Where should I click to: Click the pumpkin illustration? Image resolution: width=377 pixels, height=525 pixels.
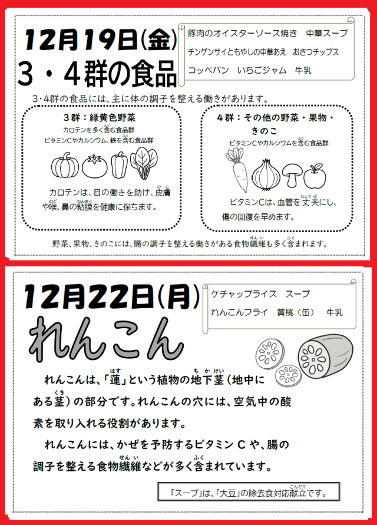[65, 166]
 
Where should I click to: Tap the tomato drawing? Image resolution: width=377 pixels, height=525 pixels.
[95, 166]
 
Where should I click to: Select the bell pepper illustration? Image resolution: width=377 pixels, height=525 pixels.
[119, 165]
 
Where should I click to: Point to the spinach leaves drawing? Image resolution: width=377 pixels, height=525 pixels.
[144, 164]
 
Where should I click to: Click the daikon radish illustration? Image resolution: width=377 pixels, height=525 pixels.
[237, 170]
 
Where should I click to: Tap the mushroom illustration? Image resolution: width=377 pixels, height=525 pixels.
[292, 175]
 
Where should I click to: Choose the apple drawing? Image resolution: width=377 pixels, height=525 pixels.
[315, 176]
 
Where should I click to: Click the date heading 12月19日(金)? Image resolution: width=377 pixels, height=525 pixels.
[100, 40]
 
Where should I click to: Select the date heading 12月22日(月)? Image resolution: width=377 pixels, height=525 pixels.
[111, 296]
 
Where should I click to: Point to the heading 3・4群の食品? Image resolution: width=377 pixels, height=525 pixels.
[97, 73]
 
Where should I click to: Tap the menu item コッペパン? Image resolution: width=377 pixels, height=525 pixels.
[209, 70]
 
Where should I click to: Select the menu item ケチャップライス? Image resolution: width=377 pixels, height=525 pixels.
[244, 294]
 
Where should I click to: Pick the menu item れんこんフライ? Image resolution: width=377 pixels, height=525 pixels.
[239, 312]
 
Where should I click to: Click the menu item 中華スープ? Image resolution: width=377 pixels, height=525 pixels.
[327, 33]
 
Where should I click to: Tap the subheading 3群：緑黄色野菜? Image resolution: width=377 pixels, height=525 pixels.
[99, 117]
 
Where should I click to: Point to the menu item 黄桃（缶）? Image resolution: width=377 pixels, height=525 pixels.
[296, 312]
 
